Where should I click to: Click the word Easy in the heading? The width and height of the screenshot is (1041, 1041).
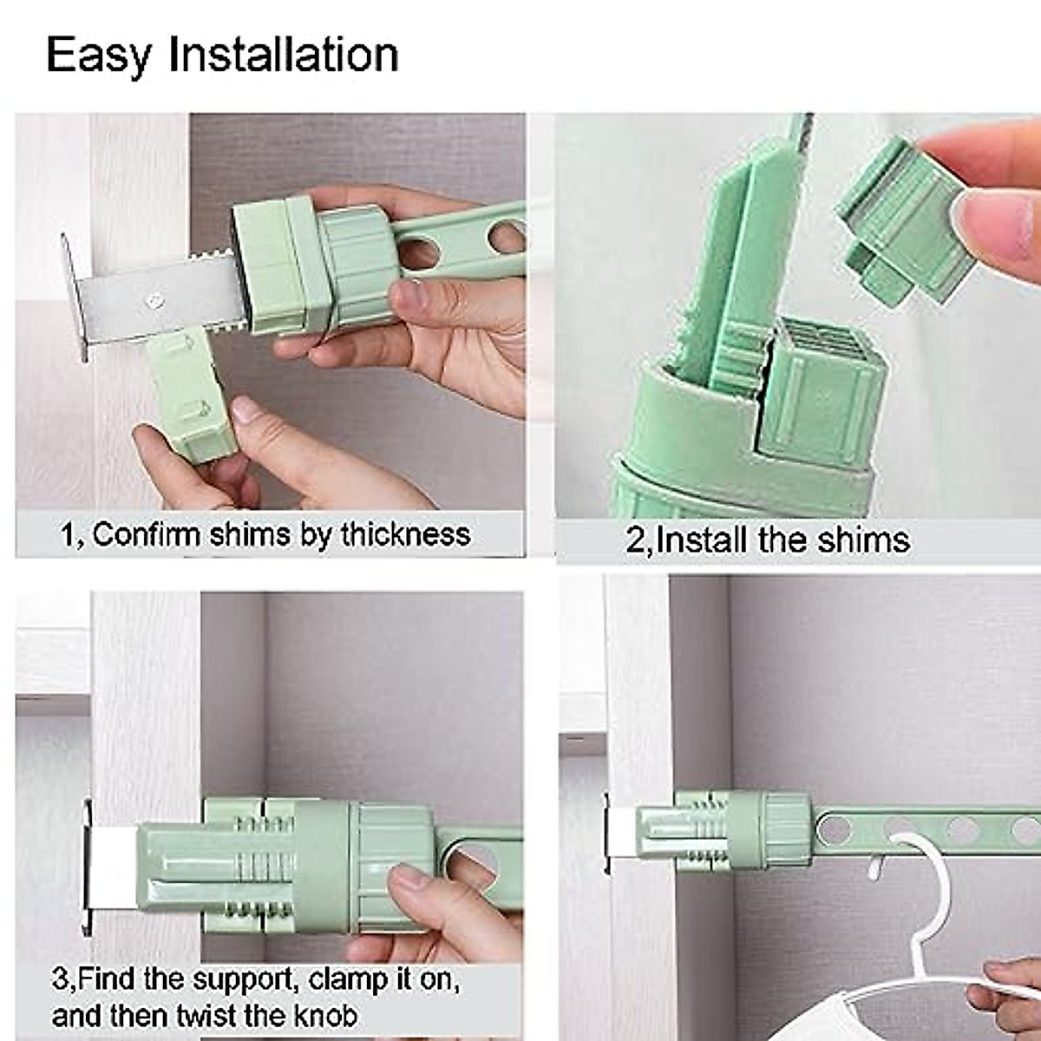click(x=97, y=55)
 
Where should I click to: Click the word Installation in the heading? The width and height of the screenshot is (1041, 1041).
click(x=283, y=54)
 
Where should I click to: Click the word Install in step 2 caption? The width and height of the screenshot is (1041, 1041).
click(x=704, y=540)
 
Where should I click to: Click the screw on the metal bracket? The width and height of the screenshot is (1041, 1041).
click(x=154, y=300)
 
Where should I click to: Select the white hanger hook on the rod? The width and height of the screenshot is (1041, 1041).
click(x=902, y=859)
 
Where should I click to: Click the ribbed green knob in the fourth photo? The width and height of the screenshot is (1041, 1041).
click(x=785, y=828)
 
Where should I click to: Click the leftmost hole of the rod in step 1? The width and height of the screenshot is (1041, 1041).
click(x=417, y=254)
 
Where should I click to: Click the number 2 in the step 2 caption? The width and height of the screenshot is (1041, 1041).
click(x=635, y=540)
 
